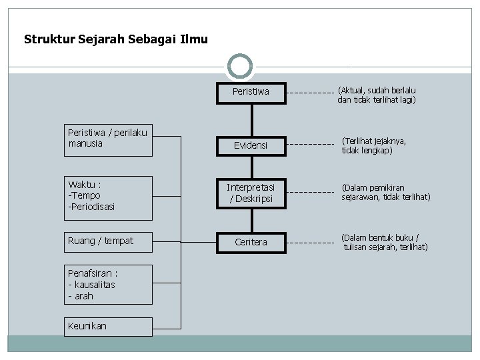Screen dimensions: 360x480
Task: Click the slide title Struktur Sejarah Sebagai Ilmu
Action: [x=115, y=39]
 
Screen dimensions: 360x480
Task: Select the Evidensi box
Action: [x=251, y=145]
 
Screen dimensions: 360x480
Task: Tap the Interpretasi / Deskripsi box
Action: [x=251, y=193]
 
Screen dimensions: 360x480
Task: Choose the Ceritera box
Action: [x=251, y=242]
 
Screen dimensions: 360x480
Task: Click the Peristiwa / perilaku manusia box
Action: [x=108, y=139]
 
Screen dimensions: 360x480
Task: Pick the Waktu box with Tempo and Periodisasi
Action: [x=108, y=195]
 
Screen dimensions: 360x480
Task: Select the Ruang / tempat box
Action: [x=108, y=241]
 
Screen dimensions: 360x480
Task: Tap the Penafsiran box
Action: [x=108, y=285]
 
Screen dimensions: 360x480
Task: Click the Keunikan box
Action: [x=108, y=326]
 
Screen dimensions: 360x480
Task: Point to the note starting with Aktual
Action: [x=377, y=95]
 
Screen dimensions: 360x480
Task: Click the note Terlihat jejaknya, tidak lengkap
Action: [x=374, y=145]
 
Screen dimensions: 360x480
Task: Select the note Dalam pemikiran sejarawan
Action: [x=386, y=193]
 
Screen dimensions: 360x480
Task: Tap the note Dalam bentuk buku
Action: [x=385, y=242]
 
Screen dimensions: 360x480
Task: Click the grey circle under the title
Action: [x=240, y=67]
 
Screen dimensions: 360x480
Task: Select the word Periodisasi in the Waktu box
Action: [x=92, y=207]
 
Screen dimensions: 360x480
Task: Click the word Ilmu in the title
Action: [x=194, y=39]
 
